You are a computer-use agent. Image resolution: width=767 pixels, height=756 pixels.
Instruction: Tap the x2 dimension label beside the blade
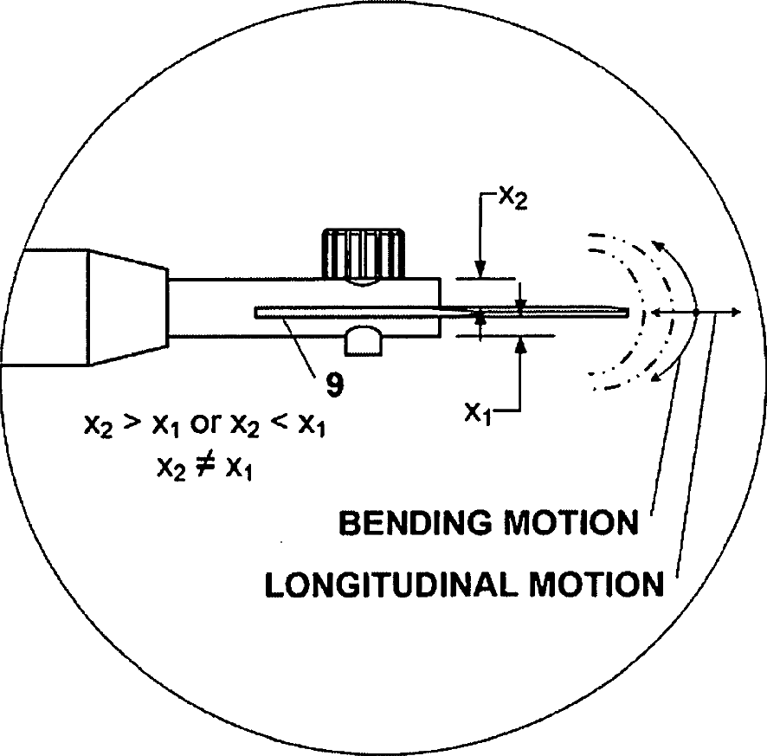point(512,197)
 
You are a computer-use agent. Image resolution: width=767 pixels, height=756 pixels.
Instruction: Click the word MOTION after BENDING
point(571,524)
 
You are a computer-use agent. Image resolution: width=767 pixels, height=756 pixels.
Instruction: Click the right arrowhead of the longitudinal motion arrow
point(735,312)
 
